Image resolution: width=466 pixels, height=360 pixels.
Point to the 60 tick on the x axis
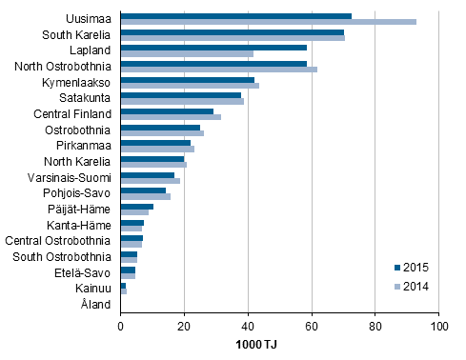click(x=312, y=326)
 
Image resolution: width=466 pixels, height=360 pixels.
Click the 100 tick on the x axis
click(x=439, y=326)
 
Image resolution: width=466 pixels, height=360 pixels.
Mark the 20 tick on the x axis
click(x=184, y=326)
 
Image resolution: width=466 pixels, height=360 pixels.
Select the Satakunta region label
click(x=87, y=97)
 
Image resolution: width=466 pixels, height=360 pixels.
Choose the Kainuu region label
click(x=95, y=289)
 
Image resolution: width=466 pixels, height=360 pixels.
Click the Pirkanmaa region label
click(x=86, y=145)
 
